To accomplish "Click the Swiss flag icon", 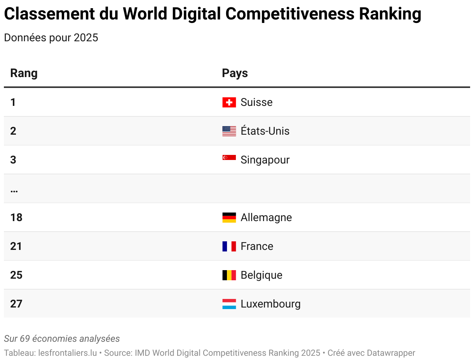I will (229, 102).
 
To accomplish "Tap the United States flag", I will (229, 131).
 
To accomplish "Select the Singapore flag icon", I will (229, 158).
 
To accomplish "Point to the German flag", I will (229, 218).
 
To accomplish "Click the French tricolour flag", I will (229, 246).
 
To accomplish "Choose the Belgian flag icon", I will (229, 275).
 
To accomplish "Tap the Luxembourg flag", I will (229, 304).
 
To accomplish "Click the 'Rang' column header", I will (24, 73).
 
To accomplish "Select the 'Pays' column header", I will (235, 73).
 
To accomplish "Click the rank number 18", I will (16, 218).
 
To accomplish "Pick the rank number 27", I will (16, 304).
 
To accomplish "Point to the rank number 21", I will (16, 246).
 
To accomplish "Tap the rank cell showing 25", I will (16, 275).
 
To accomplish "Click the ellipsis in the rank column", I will (14, 191).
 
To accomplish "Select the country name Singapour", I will (265, 160).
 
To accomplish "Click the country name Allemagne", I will (266, 218).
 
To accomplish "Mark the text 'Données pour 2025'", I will (51, 38).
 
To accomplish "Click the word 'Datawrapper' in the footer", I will (391, 353).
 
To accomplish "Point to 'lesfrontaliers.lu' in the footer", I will (68, 353).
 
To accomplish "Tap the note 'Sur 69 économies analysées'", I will (62, 339).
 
